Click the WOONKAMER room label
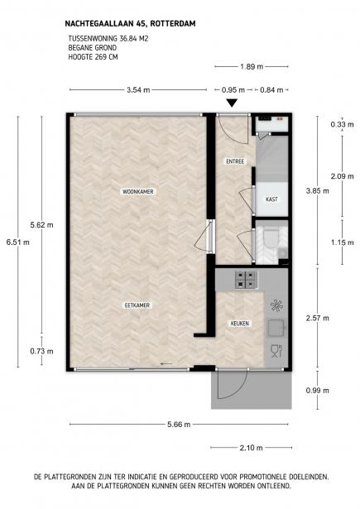[x=137, y=191]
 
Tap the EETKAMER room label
[x=137, y=305]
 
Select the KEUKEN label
[x=240, y=324]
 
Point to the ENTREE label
[x=235, y=161]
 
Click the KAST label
[x=271, y=199]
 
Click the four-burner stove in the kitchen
[x=247, y=280]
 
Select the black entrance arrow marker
[x=232, y=103]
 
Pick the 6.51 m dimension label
[x=18, y=242]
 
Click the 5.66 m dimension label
[x=179, y=425]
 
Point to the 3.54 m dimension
[x=138, y=90]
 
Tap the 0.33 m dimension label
[x=342, y=124]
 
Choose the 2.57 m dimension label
[x=318, y=318]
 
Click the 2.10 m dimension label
[x=251, y=448]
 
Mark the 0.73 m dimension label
[x=42, y=351]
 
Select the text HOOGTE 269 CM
[x=93, y=57]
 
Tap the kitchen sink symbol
[x=276, y=328]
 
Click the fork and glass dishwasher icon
[x=276, y=351]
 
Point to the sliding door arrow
[x=166, y=364]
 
